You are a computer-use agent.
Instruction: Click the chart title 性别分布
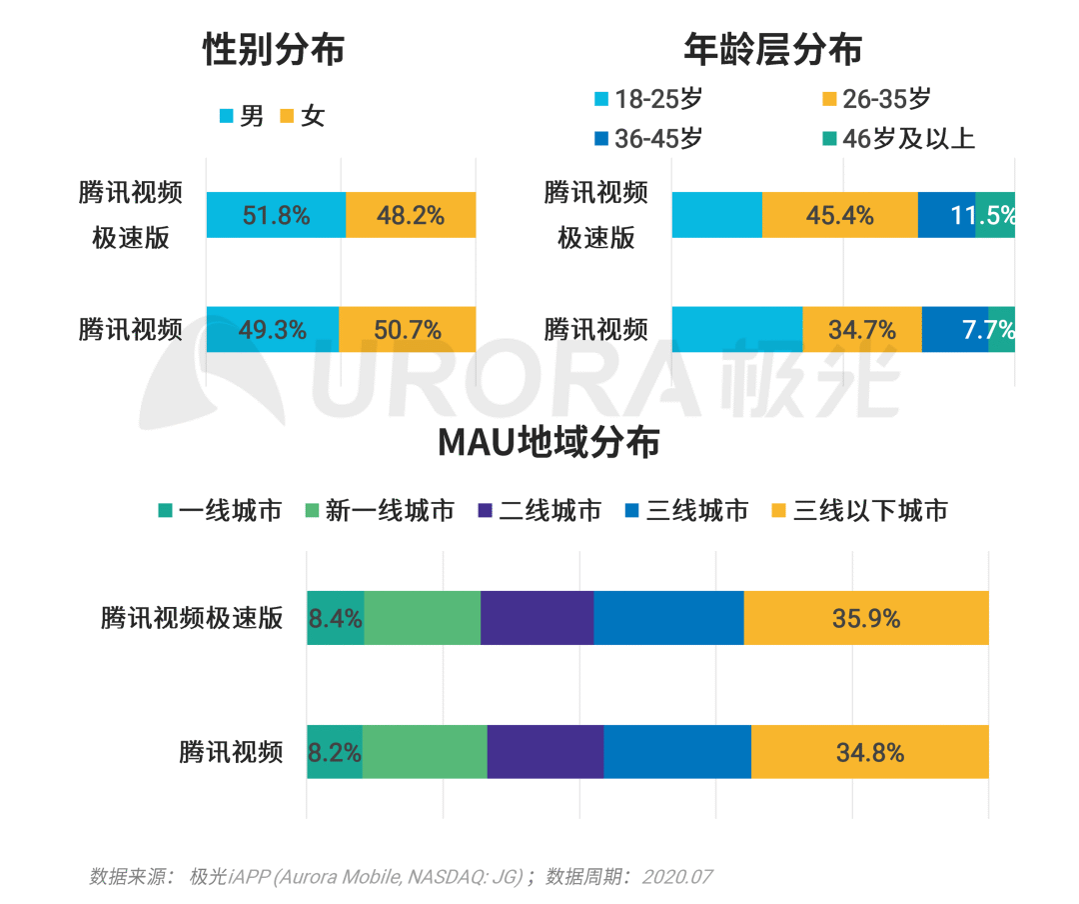tap(273, 48)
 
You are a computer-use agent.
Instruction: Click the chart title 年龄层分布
tap(772, 48)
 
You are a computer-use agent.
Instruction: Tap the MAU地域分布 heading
tap(548, 442)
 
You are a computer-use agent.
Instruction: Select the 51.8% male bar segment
tap(276, 215)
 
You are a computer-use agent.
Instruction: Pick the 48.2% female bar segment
tap(410, 215)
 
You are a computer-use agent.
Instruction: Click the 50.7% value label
tap(407, 330)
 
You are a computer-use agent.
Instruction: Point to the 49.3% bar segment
tap(272, 330)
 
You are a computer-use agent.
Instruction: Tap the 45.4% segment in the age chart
tap(839, 215)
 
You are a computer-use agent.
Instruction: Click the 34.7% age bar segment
tap(861, 330)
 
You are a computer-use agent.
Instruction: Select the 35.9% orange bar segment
tap(866, 619)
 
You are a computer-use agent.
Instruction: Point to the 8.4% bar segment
tap(335, 619)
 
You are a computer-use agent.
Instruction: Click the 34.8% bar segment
tap(869, 752)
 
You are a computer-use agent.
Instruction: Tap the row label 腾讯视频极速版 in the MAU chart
tap(192, 618)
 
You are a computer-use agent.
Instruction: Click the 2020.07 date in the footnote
tap(676, 877)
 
